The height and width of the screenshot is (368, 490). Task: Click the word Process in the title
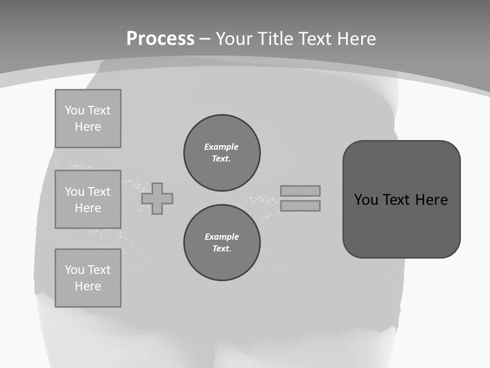(160, 39)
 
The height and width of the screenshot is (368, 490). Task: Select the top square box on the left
(88, 119)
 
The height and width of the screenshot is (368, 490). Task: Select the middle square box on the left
(88, 199)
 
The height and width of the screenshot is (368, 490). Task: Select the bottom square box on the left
(88, 278)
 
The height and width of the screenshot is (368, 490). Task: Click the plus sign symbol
(157, 198)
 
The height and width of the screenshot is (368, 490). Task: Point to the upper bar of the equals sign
(300, 191)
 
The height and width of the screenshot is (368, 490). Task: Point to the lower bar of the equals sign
(300, 206)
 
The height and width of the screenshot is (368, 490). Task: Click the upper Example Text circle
(222, 153)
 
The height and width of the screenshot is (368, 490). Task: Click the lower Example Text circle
(222, 243)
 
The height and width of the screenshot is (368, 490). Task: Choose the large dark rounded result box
(401, 199)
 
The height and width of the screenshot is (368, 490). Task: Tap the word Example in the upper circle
(222, 147)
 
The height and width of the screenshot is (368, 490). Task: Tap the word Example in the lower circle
(222, 237)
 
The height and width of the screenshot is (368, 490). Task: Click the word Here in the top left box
(88, 127)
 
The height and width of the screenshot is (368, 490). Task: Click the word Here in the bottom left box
(88, 286)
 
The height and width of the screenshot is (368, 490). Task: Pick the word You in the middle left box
(74, 192)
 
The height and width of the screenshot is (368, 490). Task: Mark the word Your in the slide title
(235, 39)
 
